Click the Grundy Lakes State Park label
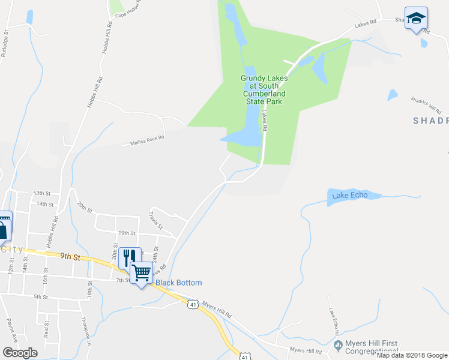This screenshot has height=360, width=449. pos(264,89)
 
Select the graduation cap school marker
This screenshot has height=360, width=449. pos(415,19)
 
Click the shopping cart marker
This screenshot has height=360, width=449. pos(142,273)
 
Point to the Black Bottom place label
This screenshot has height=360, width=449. pos(179,283)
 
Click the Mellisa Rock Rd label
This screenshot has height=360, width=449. pos(147,140)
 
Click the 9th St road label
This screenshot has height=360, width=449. pos(70,256)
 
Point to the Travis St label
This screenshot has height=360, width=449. pos(156,220)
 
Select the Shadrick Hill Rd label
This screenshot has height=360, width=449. pos(426,104)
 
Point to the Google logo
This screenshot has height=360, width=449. pos(20,352)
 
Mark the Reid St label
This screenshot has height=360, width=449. pos(46,329)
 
